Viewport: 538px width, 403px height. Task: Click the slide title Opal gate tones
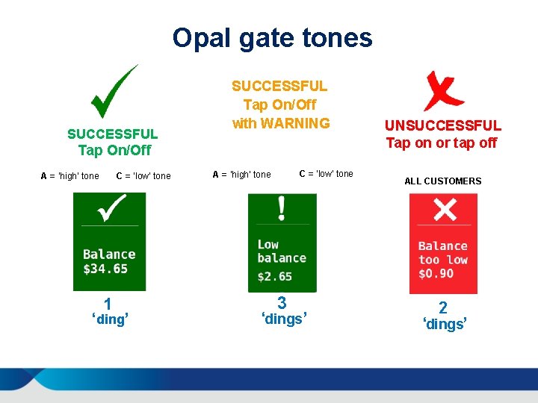(272, 37)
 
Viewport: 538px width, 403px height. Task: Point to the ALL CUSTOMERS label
(442, 181)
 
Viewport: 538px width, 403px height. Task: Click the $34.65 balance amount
(105, 269)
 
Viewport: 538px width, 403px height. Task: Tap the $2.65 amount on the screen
(275, 276)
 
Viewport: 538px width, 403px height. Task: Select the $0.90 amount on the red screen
(436, 273)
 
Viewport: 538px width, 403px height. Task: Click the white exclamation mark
(282, 208)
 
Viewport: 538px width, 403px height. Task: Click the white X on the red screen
(445, 209)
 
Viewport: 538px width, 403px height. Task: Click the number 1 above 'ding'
(108, 304)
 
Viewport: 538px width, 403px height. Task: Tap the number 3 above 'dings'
(282, 303)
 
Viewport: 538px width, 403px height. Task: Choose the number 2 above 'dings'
(443, 307)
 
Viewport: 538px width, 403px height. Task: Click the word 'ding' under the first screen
(110, 320)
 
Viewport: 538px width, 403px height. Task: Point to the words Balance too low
(442, 253)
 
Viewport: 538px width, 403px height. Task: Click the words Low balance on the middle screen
(281, 252)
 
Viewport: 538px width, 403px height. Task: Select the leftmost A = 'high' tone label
(69, 176)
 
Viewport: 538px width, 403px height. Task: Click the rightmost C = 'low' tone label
(326, 174)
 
